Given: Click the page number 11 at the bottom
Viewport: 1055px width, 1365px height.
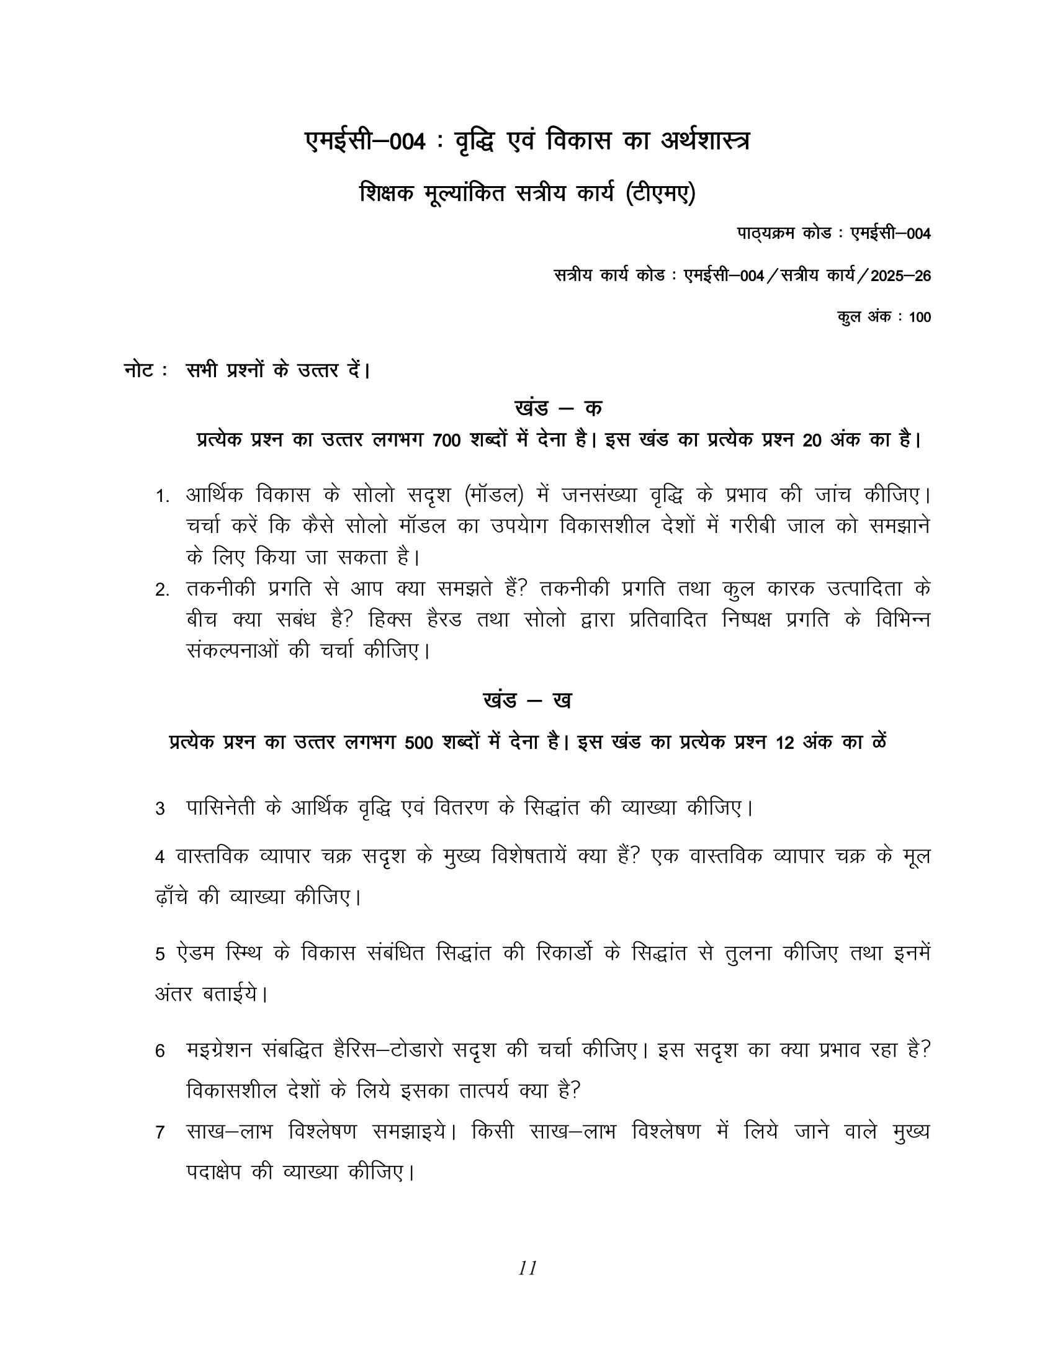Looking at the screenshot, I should pyautogui.click(x=527, y=1268).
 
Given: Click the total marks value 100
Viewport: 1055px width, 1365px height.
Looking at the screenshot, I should pyautogui.click(x=920, y=318).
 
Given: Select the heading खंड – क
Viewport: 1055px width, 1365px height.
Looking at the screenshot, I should pyautogui.click(x=558, y=408).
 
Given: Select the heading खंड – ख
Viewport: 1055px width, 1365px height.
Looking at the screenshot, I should pyautogui.click(x=527, y=700).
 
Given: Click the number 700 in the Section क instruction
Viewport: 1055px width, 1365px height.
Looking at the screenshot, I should pyautogui.click(x=446, y=441).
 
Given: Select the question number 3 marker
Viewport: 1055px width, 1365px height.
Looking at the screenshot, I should pyautogui.click(x=160, y=808).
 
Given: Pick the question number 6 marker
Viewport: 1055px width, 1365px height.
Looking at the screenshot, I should pyautogui.click(x=160, y=1051).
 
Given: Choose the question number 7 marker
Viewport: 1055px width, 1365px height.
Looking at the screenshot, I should pyautogui.click(x=160, y=1132).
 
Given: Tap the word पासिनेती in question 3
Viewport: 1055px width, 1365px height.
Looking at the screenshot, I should pyautogui.click(x=222, y=807).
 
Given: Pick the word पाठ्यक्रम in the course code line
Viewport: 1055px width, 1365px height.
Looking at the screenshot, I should pyautogui.click(x=765, y=234).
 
